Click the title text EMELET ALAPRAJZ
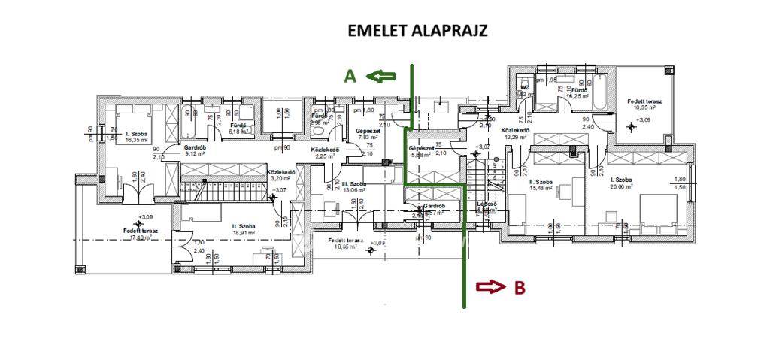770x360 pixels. pos(417,31)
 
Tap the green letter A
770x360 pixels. pos(350,76)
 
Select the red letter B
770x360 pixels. pos(519,286)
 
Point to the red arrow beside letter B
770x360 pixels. pos(490,286)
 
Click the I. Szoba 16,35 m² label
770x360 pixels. pos(137,136)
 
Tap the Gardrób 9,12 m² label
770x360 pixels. pos(195,151)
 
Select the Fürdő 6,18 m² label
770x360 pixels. pos(238,129)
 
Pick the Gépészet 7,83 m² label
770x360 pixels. pos(368,134)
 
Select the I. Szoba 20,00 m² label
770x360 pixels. pos(621,184)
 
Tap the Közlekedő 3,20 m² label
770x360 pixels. pos(280,176)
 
